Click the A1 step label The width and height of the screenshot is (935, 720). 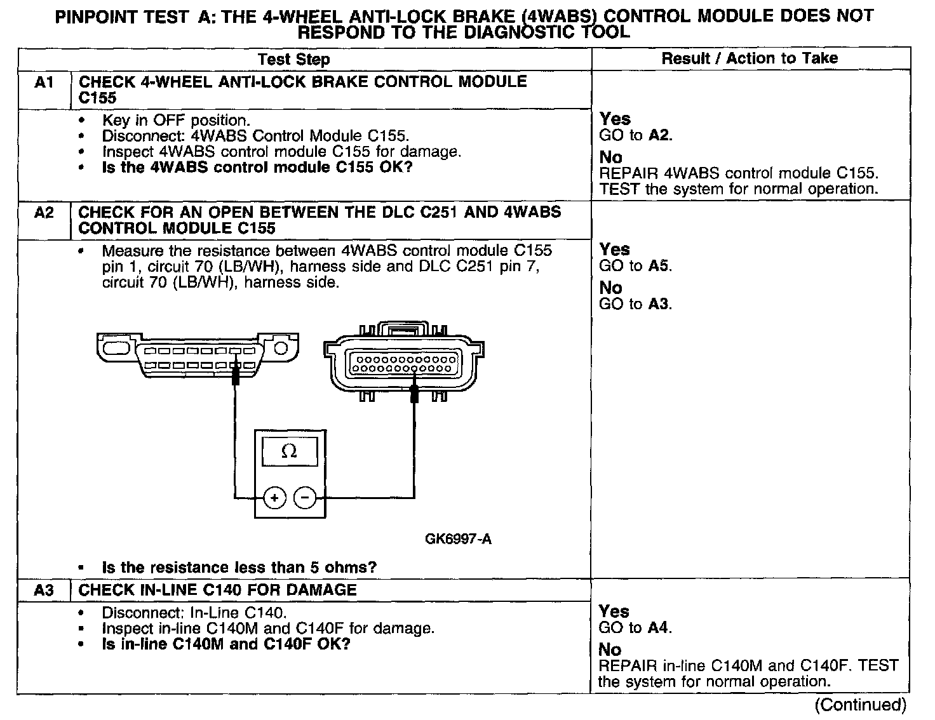click(43, 82)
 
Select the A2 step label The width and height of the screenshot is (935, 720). click(43, 212)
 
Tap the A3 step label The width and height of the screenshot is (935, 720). click(43, 590)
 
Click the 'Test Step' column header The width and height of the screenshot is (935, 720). click(293, 60)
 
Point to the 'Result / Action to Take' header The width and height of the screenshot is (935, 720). click(750, 58)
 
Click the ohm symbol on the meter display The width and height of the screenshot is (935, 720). click(288, 451)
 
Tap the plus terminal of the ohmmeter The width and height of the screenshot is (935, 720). click(274, 498)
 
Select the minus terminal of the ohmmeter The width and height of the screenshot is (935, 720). click(305, 498)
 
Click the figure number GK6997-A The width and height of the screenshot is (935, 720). click(458, 540)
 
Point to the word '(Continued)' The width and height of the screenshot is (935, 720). click(860, 704)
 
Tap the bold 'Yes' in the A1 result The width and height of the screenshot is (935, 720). click(615, 119)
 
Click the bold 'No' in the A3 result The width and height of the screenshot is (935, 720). click(610, 650)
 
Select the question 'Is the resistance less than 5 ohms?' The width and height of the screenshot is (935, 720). click(239, 567)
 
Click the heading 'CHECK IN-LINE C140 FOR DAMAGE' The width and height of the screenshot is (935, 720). click(217, 590)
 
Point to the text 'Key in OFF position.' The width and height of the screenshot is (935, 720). click(176, 120)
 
